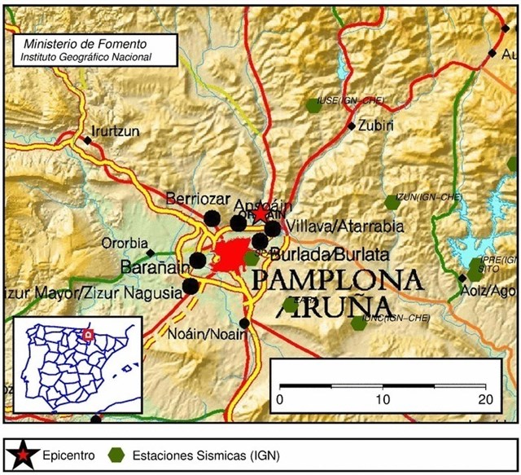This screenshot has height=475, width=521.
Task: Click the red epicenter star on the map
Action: coord(260,213)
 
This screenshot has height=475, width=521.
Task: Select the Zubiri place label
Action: coord(377,126)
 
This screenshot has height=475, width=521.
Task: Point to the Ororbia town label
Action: coord(125,243)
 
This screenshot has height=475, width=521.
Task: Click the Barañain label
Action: coord(148,266)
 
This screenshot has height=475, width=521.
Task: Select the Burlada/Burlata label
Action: coord(329,253)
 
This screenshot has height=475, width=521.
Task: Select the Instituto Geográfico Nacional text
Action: coord(86,58)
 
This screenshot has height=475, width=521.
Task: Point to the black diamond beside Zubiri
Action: coord(352,125)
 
